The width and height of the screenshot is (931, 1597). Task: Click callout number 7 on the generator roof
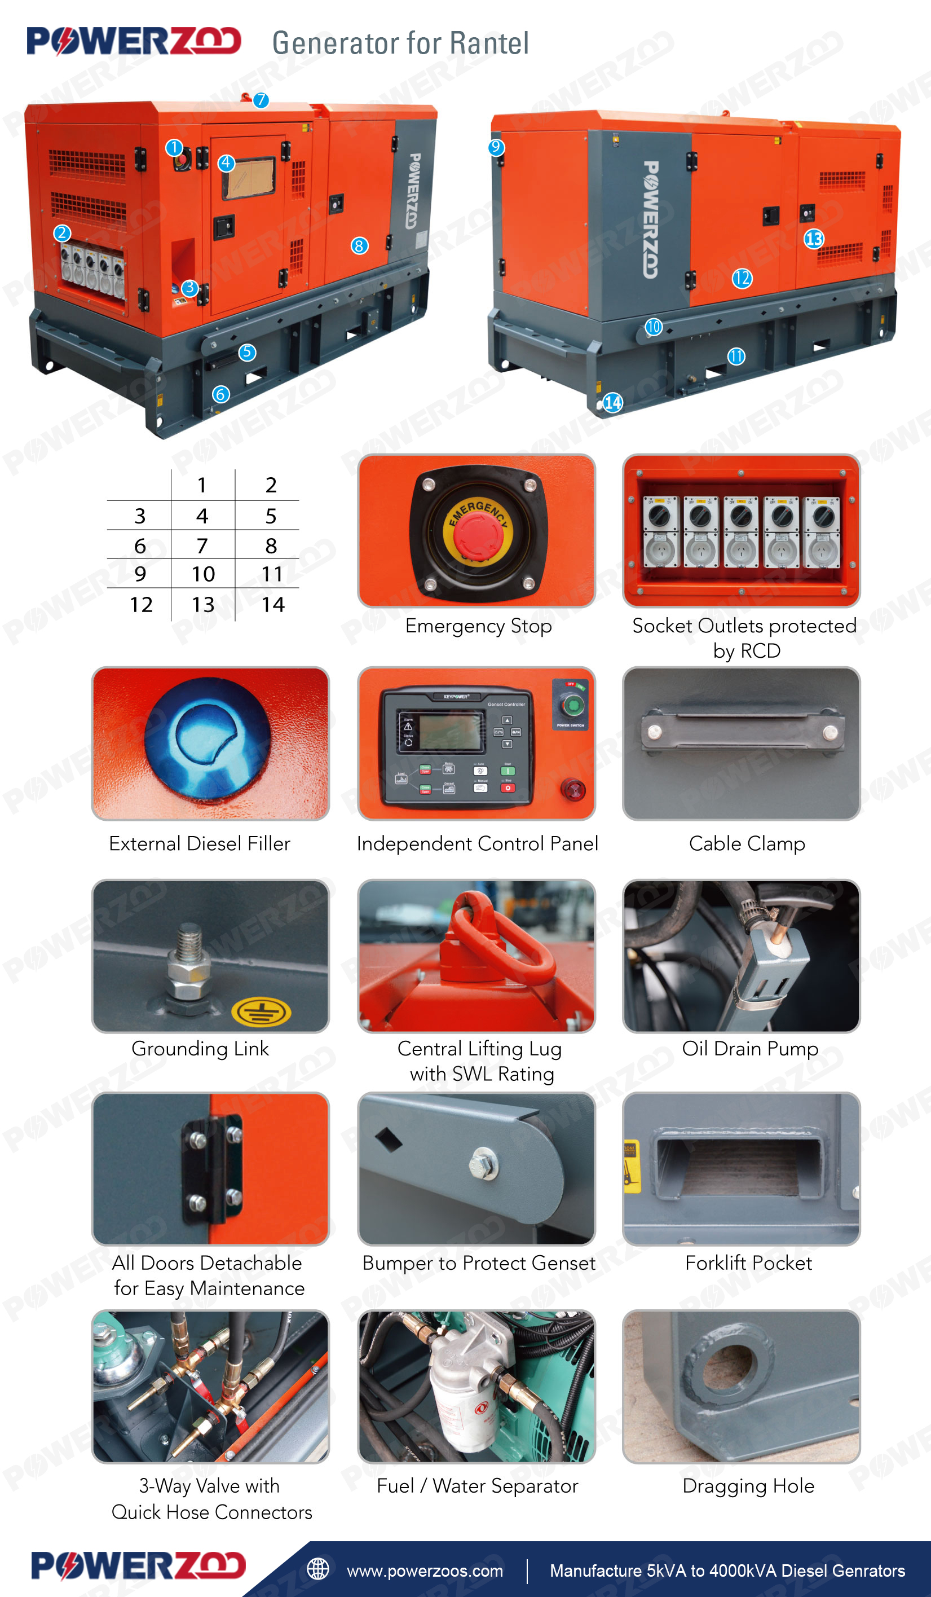[261, 100]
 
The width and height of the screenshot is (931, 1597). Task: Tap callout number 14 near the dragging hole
[612, 402]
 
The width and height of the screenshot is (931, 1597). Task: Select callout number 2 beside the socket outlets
[61, 232]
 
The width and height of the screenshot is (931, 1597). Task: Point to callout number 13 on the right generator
[814, 239]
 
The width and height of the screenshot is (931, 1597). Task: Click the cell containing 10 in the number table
[204, 574]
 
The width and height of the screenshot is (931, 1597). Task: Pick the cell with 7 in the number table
[202, 545]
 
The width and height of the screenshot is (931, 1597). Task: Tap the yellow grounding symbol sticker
[261, 1011]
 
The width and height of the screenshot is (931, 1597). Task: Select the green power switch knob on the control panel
[572, 704]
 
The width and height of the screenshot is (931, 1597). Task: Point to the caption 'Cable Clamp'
[747, 843]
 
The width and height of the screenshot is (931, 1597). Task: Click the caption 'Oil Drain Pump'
[750, 1049]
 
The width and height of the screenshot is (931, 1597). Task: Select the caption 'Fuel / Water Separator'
[477, 1486]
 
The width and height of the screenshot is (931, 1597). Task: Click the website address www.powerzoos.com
[425, 1571]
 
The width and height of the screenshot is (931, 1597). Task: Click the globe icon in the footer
[318, 1569]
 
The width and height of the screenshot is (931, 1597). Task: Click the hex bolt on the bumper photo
[484, 1164]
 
